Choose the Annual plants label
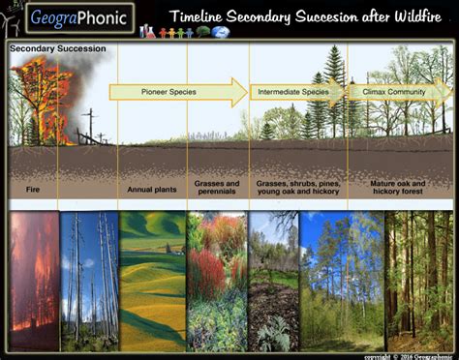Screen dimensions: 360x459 tap(152, 189)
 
